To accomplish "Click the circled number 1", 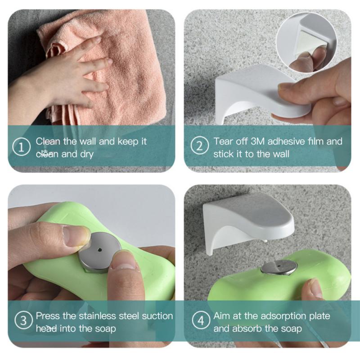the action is click(x=21, y=147).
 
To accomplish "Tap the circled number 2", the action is click(x=199, y=146).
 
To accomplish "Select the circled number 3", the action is click(x=23, y=321).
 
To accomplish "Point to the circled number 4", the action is click(x=201, y=320).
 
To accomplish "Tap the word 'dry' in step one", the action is click(x=86, y=154).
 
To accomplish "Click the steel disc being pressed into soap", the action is click(x=99, y=252).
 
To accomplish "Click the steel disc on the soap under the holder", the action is click(x=279, y=267).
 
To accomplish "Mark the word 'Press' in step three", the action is click(x=48, y=316).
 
